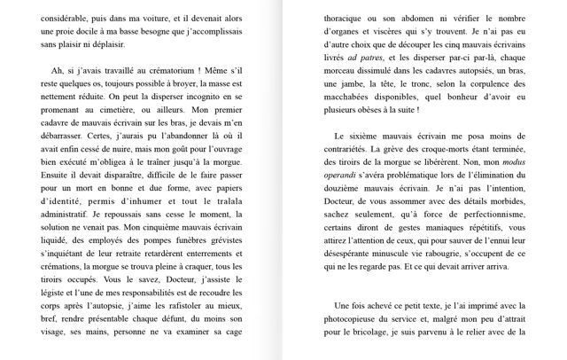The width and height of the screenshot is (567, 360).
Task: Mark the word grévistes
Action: pos(220,240)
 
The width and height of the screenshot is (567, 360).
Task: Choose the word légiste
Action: pos(56,293)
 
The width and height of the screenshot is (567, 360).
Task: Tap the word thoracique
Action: pos(348,18)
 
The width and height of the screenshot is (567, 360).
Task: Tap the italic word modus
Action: pos(513,162)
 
